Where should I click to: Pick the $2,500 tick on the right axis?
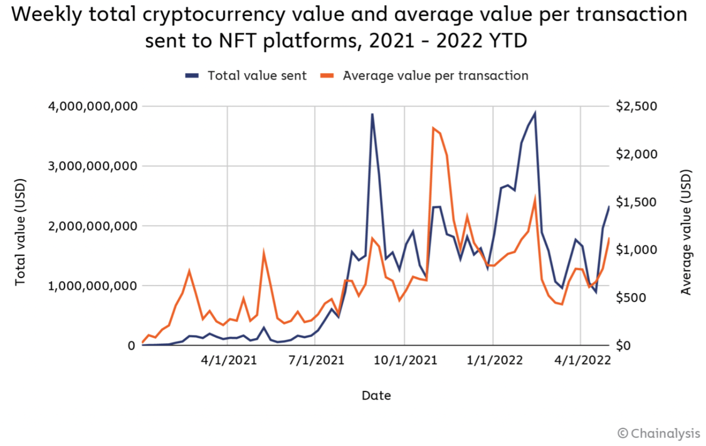point(636,106)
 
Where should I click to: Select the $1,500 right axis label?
point(636,202)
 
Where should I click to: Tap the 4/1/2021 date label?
point(228,360)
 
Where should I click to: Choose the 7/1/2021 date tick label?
point(316,360)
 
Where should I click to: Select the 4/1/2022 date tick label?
point(581,360)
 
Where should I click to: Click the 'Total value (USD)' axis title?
point(20,232)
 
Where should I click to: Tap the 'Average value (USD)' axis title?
point(686,232)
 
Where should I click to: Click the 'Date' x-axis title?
point(376,396)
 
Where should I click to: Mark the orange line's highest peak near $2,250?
point(433,128)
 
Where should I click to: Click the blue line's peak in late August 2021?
point(372,114)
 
